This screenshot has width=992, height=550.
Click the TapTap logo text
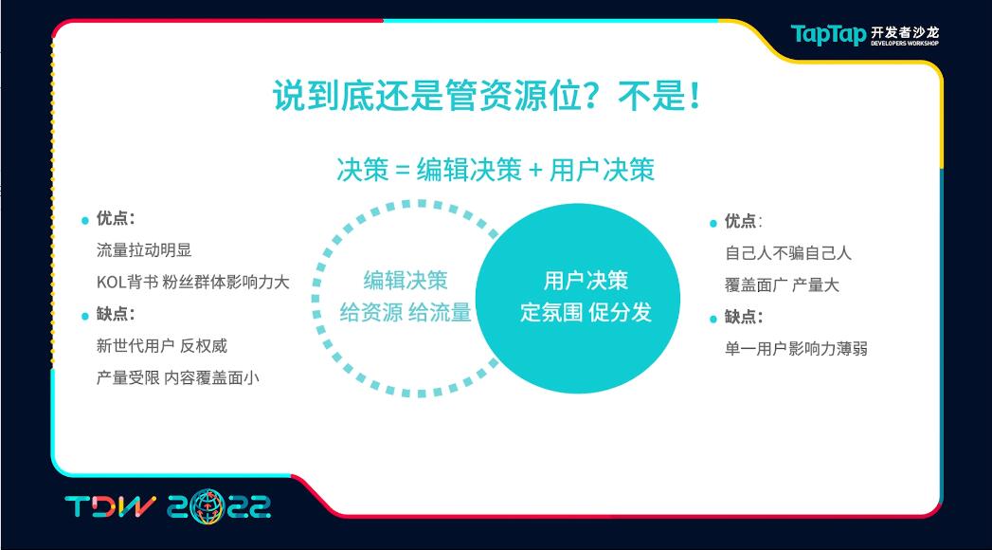(x=827, y=34)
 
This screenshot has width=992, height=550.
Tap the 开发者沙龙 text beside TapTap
(x=905, y=31)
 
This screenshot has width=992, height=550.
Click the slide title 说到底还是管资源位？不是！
(x=486, y=96)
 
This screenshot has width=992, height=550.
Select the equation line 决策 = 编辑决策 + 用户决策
(x=496, y=170)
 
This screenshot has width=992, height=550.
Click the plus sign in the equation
(x=536, y=171)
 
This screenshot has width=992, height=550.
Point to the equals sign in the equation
(x=403, y=171)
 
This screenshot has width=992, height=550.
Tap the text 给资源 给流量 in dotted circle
(x=406, y=312)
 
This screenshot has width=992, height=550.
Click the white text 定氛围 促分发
(x=586, y=312)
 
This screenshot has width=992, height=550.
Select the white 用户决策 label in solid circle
(x=586, y=281)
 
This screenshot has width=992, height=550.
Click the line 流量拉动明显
(x=144, y=250)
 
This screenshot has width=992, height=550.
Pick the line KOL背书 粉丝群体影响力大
(x=193, y=282)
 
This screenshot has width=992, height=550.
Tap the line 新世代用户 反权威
(x=162, y=345)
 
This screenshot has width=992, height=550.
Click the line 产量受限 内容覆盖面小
(x=178, y=377)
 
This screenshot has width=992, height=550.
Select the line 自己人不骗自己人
(x=788, y=253)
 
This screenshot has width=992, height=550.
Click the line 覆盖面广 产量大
(x=782, y=284)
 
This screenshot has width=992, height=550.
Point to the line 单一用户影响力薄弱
(x=796, y=349)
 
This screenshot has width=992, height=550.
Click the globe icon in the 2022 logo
(x=207, y=506)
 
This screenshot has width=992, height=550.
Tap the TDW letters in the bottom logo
(x=110, y=506)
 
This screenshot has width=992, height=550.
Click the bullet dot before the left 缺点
(x=84, y=316)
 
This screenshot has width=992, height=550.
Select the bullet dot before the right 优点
(x=713, y=223)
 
